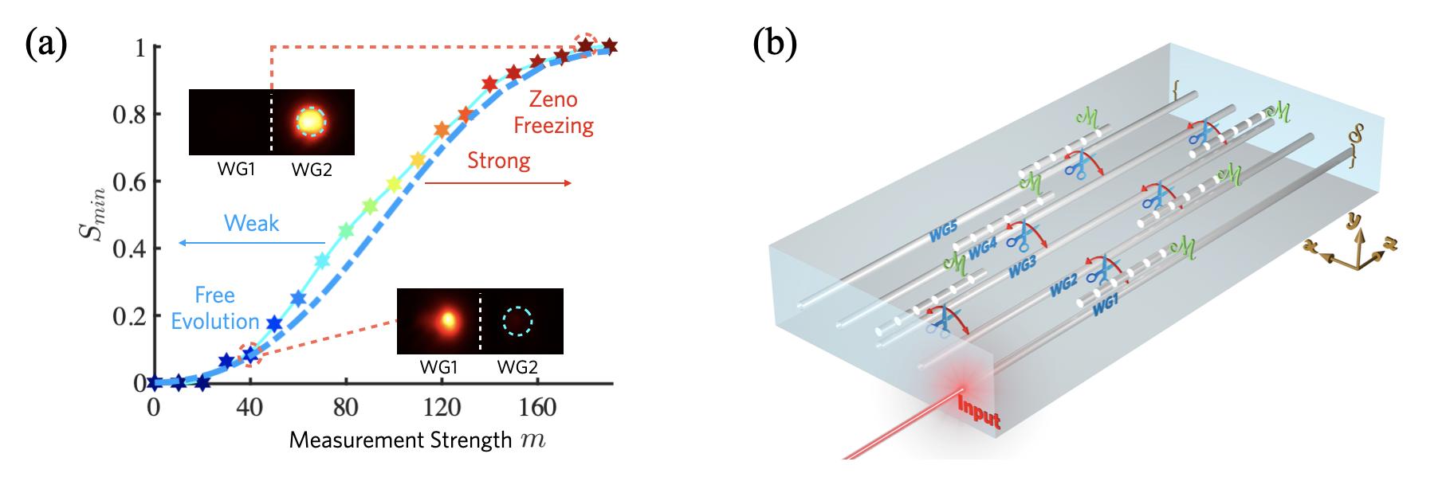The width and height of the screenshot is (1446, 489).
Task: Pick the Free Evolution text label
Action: (215, 308)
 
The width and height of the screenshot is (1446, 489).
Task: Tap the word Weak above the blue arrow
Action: (252, 223)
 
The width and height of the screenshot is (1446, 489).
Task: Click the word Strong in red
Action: (499, 161)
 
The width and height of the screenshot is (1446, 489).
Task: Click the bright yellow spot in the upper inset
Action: (311, 121)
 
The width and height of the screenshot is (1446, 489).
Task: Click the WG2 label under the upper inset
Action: (311, 170)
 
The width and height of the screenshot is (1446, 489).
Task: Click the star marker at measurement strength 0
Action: (154, 383)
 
